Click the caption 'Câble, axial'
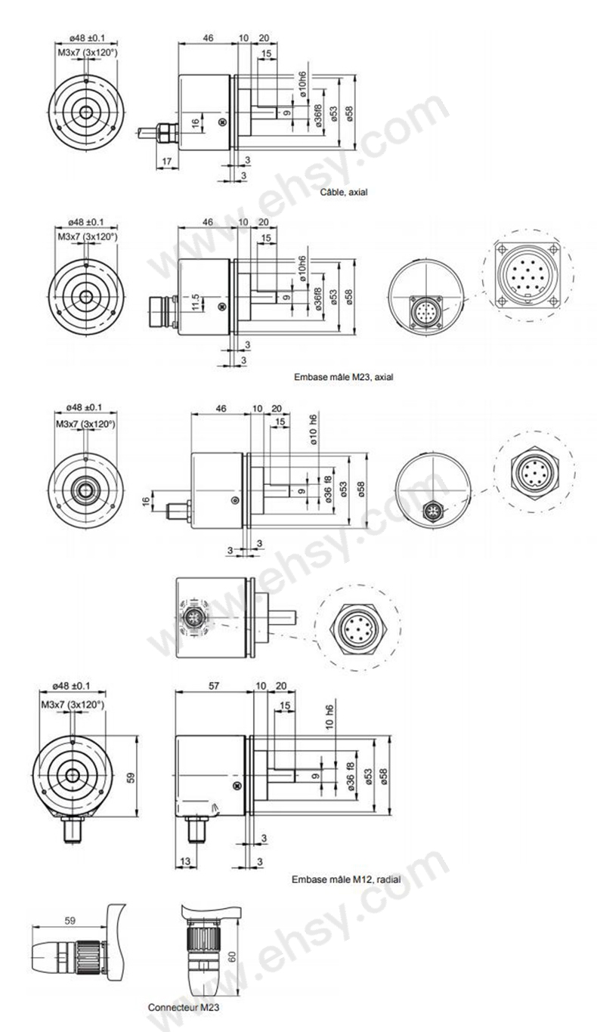pyautogui.click(x=344, y=193)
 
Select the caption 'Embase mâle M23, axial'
pyautogui.click(x=344, y=375)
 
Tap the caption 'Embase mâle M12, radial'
pyautogui.click(x=345, y=879)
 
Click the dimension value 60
pyautogui.click(x=233, y=956)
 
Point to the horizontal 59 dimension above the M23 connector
pyautogui.click(x=70, y=921)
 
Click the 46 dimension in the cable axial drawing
pyautogui.click(x=207, y=38)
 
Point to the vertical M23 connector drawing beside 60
pyautogui.click(x=203, y=952)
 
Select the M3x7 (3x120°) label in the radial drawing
pyautogui.click(x=73, y=704)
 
